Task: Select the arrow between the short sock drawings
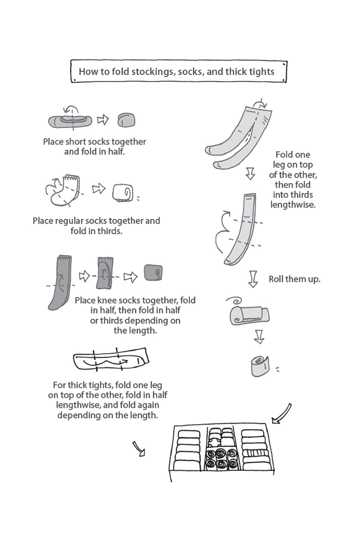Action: (103, 119)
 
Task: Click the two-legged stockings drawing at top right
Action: (239, 134)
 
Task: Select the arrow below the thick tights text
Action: (138, 448)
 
